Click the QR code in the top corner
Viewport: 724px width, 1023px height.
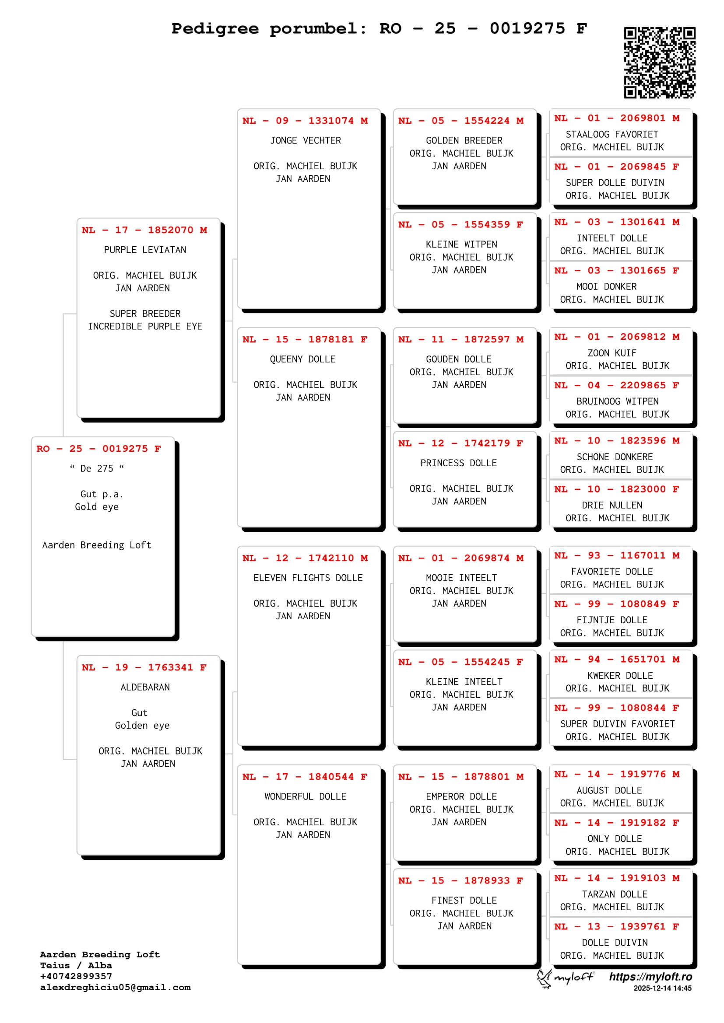tap(659, 63)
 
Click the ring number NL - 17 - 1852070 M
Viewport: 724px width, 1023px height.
tap(144, 230)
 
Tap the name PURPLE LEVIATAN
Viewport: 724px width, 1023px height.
tap(145, 250)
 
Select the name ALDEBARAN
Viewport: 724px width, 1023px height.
tap(145, 687)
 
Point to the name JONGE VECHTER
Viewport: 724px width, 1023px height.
tap(306, 141)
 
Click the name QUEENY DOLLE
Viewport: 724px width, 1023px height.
tap(302, 359)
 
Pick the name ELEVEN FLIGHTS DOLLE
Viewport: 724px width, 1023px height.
tap(308, 578)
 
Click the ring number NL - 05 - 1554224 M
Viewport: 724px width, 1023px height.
tap(461, 121)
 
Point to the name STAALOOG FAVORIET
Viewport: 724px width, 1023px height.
tap(612, 135)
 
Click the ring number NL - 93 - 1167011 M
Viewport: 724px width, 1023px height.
tap(617, 555)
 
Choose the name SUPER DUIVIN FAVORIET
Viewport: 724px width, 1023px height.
tap(618, 724)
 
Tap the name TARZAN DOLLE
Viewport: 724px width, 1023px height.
tap(615, 894)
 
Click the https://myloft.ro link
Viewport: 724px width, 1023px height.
tap(650, 977)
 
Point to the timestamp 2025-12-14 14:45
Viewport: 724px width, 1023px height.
tap(662, 988)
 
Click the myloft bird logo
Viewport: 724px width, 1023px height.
tap(545, 978)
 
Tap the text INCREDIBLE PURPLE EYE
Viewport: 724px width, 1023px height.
tap(145, 327)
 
